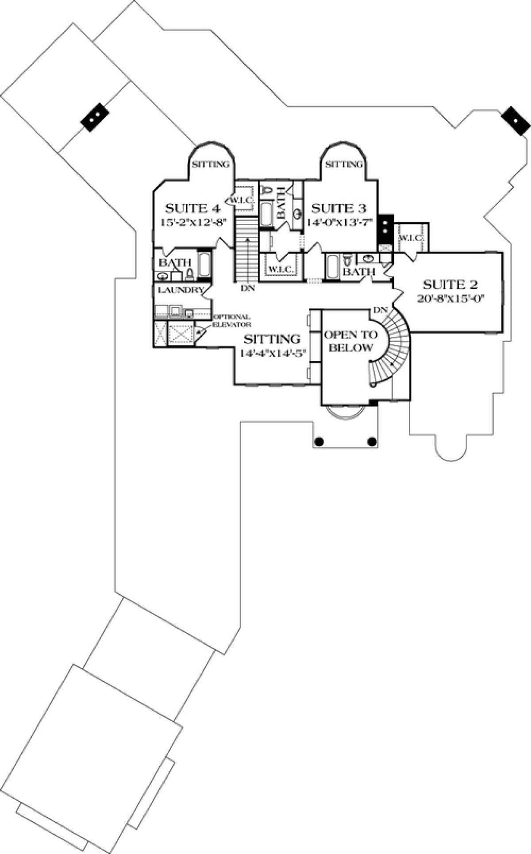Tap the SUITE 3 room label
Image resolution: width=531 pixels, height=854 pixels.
pyautogui.click(x=339, y=208)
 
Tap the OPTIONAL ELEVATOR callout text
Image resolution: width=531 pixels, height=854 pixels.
pyautogui.click(x=232, y=320)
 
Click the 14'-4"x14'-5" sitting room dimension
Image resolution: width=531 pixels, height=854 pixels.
pyautogui.click(x=273, y=353)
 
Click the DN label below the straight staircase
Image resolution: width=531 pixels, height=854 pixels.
pyautogui.click(x=247, y=288)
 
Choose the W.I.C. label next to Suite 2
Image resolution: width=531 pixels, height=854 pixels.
pyautogui.click(x=411, y=238)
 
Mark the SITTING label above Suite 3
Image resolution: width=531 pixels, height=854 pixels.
pyautogui.click(x=344, y=165)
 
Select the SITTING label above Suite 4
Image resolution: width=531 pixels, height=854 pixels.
pyautogui.click(x=211, y=165)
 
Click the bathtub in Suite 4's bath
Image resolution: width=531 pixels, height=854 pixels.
pyautogui.click(x=205, y=265)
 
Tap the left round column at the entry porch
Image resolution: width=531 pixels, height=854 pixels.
pyautogui.click(x=319, y=441)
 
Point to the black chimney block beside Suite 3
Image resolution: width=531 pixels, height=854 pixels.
pyautogui.click(x=386, y=227)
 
